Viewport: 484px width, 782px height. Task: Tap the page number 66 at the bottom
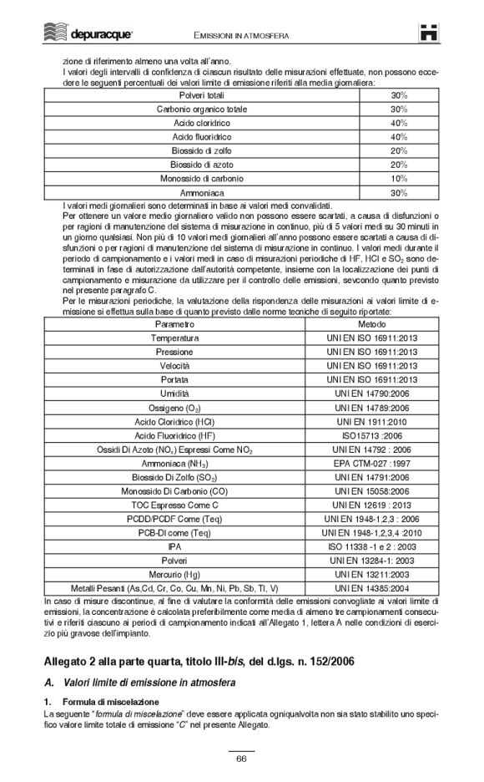(241, 758)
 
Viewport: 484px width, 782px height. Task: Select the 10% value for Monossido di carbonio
(398, 179)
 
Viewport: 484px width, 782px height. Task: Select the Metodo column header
(371, 322)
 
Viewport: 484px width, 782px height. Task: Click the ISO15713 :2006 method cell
(371, 435)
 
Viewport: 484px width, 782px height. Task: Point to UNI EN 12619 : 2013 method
(371, 505)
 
